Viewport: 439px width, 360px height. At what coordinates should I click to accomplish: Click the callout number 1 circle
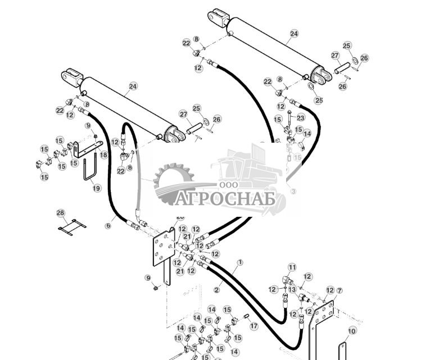pyautogui.click(x=240, y=262)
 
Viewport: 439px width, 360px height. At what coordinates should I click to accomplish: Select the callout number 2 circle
pyautogui.click(x=217, y=290)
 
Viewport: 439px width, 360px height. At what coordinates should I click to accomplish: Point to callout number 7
pyautogui.click(x=338, y=290)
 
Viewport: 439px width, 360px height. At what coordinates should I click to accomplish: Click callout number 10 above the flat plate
pyautogui.click(x=351, y=331)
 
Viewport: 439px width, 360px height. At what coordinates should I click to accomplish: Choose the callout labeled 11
pyautogui.click(x=292, y=267)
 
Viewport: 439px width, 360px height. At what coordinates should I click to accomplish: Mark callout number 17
pyautogui.click(x=254, y=326)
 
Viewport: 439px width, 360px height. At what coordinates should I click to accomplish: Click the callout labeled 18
pyautogui.click(x=103, y=155)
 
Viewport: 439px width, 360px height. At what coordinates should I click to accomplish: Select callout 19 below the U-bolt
pyautogui.click(x=97, y=189)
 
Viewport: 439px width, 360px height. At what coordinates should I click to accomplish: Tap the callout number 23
pyautogui.click(x=301, y=117)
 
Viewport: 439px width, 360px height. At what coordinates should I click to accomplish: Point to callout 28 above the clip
pyautogui.click(x=61, y=213)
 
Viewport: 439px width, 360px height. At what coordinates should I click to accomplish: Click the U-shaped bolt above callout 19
pyautogui.click(x=89, y=170)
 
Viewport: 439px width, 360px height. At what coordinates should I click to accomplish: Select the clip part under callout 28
pyautogui.click(x=72, y=227)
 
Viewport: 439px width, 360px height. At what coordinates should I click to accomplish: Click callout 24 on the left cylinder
pyautogui.click(x=133, y=86)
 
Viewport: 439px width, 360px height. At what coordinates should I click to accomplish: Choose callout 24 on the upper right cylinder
pyautogui.click(x=294, y=34)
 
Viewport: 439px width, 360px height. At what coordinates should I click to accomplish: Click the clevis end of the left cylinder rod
pyautogui.click(x=72, y=75)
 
